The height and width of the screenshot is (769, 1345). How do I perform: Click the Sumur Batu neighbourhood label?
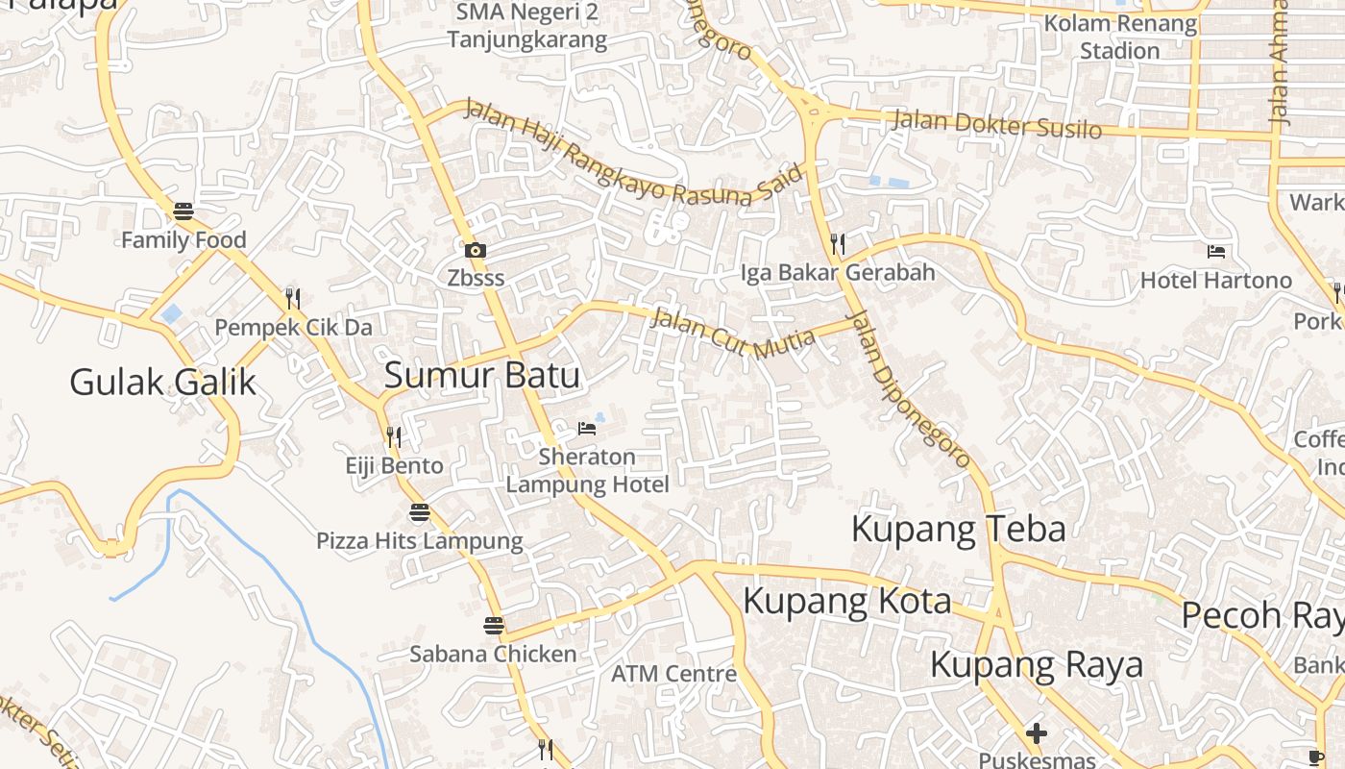(x=482, y=375)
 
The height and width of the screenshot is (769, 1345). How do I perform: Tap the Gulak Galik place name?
(x=163, y=383)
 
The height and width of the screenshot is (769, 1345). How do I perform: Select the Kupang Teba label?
(x=958, y=529)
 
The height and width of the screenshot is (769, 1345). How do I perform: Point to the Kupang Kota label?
(x=847, y=602)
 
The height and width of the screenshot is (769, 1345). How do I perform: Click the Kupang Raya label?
(x=1037, y=664)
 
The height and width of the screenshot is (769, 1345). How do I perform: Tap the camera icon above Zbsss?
(x=475, y=251)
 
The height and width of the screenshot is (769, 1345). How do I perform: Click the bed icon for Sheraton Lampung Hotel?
(x=586, y=428)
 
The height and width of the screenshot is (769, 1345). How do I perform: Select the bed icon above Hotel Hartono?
(x=1216, y=252)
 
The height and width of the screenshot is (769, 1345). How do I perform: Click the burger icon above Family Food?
(x=183, y=211)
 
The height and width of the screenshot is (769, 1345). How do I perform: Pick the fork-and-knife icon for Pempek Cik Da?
(x=293, y=299)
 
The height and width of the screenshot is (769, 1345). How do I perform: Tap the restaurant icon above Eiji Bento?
(x=393, y=437)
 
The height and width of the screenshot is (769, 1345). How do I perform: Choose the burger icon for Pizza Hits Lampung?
(x=420, y=512)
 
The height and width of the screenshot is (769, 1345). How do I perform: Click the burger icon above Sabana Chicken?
(x=494, y=626)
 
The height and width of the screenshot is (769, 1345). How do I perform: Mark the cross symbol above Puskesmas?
(x=1036, y=734)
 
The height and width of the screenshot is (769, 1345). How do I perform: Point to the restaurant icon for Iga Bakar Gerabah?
(x=838, y=244)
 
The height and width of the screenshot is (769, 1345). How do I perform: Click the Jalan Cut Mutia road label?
(x=732, y=333)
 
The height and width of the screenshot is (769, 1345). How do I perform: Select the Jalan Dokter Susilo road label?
(x=996, y=124)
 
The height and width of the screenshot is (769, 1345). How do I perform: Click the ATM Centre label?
(x=674, y=674)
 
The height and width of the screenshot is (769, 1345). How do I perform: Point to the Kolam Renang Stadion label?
(x=1120, y=37)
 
